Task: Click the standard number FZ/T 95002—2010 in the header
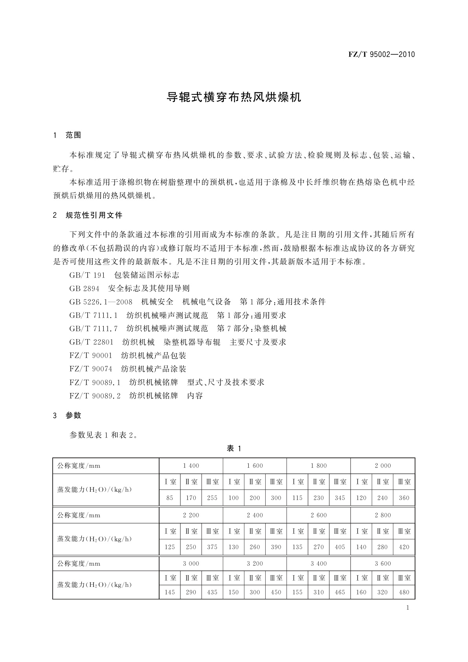click(381, 54)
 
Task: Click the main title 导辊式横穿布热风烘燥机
click(234, 97)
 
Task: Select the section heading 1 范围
click(67, 135)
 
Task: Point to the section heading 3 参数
click(67, 415)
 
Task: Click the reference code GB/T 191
click(87, 275)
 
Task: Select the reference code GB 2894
click(84, 289)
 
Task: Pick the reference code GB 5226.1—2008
click(101, 302)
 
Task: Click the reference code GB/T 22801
click(92, 342)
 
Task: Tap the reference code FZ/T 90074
click(91, 369)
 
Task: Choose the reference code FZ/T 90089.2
click(95, 395)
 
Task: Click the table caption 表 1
click(234, 449)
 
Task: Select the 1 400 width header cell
click(191, 466)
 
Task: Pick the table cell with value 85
click(170, 498)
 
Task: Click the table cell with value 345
click(340, 498)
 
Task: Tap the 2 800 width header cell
click(383, 515)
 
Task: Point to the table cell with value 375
click(212, 547)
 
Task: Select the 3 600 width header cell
click(383, 563)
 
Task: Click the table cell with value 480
click(404, 592)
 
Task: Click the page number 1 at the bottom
click(407, 608)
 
